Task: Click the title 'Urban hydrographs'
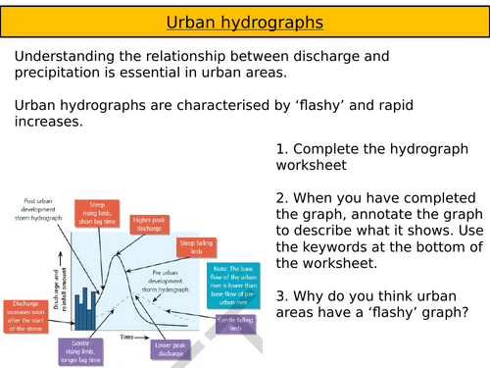tap(245, 20)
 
